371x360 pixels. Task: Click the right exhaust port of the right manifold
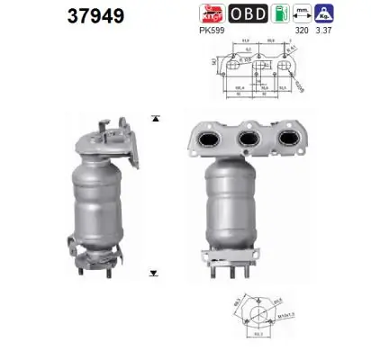click(290, 141)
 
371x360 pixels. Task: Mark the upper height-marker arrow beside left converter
click(156, 118)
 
